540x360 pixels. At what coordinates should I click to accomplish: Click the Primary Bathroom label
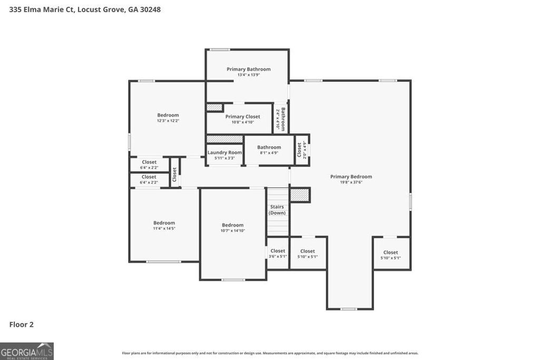pos(248,69)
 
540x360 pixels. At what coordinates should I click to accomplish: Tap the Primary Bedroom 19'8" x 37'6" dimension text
pos(351,182)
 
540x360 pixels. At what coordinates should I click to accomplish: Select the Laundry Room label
pos(225,152)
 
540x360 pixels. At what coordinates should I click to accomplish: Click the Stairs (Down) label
pos(277,210)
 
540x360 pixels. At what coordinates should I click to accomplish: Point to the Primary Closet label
pos(243,116)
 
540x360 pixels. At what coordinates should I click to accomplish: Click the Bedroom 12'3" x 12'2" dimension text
pos(168,121)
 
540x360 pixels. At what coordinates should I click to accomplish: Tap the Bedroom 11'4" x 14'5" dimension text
pos(164,228)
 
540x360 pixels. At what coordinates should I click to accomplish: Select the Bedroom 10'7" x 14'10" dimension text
pos(233,230)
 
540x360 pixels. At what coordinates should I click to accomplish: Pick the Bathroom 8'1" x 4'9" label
pos(269,148)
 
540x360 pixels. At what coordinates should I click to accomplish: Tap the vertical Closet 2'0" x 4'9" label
pos(301,150)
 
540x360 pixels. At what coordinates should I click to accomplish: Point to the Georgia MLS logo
pos(27,351)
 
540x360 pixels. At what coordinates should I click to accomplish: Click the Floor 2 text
pos(21,325)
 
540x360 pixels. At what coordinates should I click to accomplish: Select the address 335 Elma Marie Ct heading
pos(85,9)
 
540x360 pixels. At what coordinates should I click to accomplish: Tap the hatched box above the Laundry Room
pos(224,139)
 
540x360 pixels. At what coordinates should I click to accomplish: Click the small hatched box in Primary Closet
pos(214,107)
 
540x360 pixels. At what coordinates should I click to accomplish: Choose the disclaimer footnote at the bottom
pos(270,353)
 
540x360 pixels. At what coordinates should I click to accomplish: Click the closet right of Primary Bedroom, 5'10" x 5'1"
pos(391,255)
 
